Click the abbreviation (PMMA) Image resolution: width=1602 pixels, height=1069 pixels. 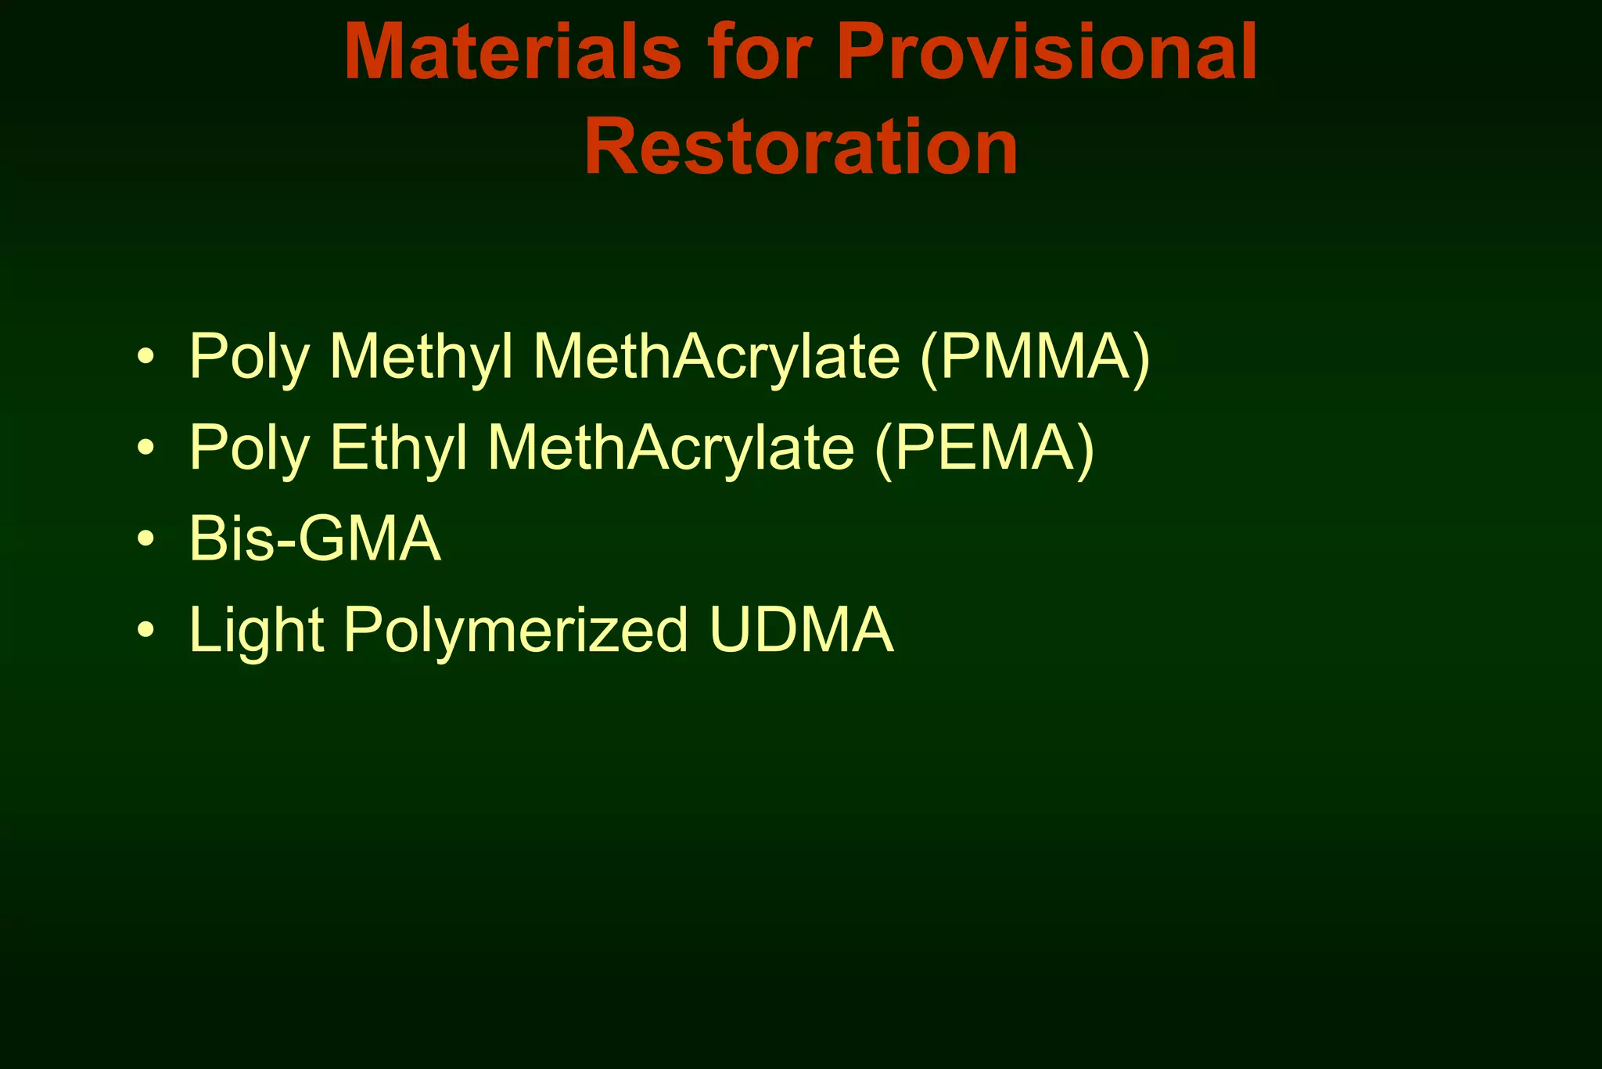[x=1035, y=357]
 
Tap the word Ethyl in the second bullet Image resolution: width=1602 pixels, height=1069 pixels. [x=399, y=448]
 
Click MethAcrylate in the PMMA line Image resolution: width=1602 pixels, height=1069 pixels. [x=716, y=357]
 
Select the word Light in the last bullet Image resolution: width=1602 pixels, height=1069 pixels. [x=257, y=630]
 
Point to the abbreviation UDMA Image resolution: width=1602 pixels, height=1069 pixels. [x=801, y=630]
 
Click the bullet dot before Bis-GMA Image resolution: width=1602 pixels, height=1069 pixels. [x=145, y=539]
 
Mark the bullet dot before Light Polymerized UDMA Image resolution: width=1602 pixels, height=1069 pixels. [x=145, y=630]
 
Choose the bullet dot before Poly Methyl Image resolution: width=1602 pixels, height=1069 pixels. [x=145, y=357]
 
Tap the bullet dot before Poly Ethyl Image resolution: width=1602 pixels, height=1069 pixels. [x=145, y=448]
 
